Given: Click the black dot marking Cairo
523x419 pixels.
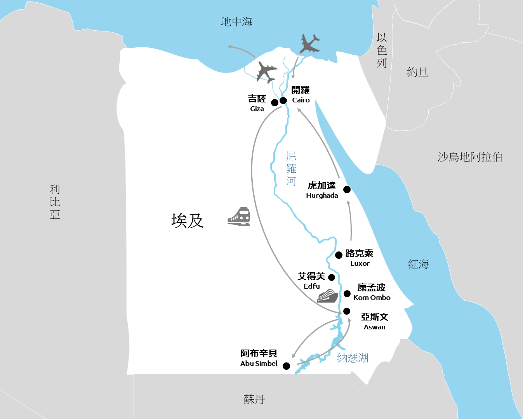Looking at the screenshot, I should pyautogui.click(x=283, y=100).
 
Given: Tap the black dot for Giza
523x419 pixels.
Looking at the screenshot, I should pyautogui.click(x=275, y=102).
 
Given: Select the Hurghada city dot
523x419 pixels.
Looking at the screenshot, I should pyautogui.click(x=347, y=189).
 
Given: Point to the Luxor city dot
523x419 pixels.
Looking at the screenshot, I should pyautogui.click(x=339, y=255).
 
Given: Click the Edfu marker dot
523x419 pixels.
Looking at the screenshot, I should pyautogui.click(x=331, y=277).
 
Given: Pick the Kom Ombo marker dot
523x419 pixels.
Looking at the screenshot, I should pyautogui.click(x=347, y=294).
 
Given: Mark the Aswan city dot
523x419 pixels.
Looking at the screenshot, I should pyautogui.click(x=347, y=311).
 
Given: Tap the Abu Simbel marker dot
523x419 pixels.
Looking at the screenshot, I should pyautogui.click(x=286, y=366).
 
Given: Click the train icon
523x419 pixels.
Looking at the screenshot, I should pyautogui.click(x=239, y=216).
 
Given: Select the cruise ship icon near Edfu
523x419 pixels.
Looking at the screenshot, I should pyautogui.click(x=327, y=296).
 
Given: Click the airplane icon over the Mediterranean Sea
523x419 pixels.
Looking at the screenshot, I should pyautogui.click(x=309, y=43).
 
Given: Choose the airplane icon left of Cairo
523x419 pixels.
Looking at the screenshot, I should pyautogui.click(x=266, y=72).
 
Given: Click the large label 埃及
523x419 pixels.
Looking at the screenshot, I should pyautogui.click(x=188, y=221).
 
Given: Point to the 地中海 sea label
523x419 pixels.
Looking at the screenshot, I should pyautogui.click(x=236, y=22).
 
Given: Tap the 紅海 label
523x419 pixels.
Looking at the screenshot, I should pyautogui.click(x=418, y=264).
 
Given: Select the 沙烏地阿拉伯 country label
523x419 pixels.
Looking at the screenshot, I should pyautogui.click(x=470, y=157).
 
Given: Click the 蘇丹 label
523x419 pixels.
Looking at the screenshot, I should pyautogui.click(x=254, y=399).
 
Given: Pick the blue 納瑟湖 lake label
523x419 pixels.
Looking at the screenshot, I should pyautogui.click(x=353, y=358).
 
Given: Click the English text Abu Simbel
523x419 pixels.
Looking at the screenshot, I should pyautogui.click(x=259, y=364).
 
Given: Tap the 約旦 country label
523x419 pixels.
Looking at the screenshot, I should pyautogui.click(x=417, y=72).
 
